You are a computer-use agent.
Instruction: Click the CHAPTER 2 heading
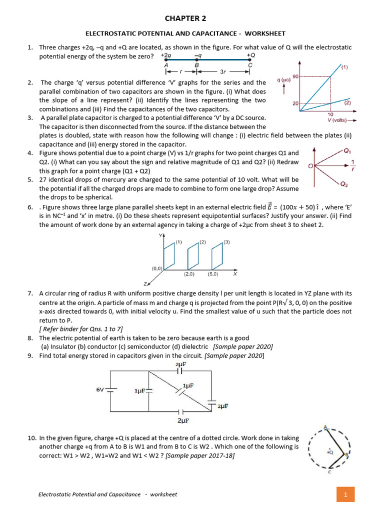click(185, 18)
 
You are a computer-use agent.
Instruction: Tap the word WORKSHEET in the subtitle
click(264, 33)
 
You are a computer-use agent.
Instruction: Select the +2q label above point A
click(166, 55)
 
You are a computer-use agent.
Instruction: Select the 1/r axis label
click(353, 165)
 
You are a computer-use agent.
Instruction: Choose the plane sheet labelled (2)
click(194, 257)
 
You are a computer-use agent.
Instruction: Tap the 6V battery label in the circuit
click(100, 389)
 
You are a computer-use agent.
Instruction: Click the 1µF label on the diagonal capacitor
click(188, 385)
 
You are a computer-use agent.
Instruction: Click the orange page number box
click(345, 494)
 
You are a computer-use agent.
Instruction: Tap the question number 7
click(30, 293)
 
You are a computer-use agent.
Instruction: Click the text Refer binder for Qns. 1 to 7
click(80, 328)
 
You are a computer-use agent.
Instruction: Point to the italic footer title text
click(107, 494)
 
